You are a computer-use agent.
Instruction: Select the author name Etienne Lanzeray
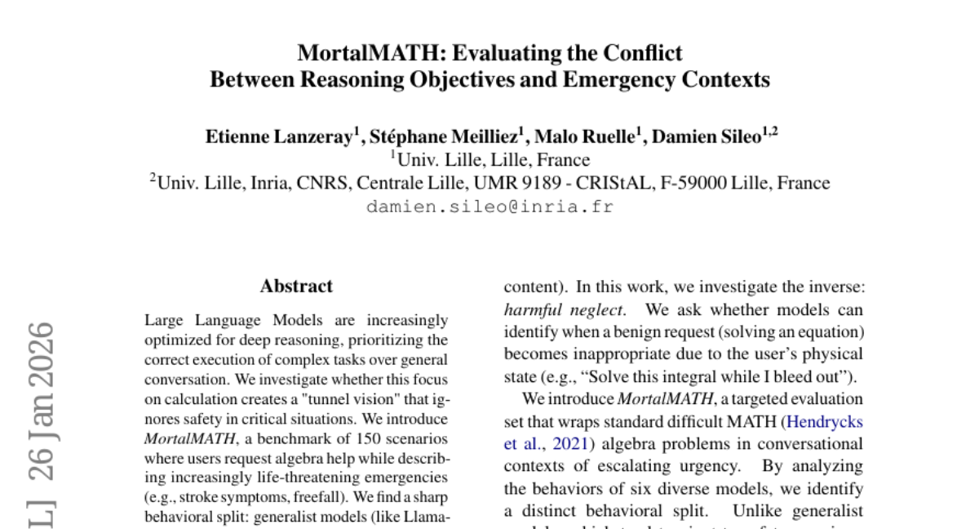point(277,136)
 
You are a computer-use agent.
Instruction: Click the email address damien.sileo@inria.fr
point(489,207)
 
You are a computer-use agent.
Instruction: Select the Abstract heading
point(296,287)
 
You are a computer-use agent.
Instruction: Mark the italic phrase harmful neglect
point(564,310)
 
